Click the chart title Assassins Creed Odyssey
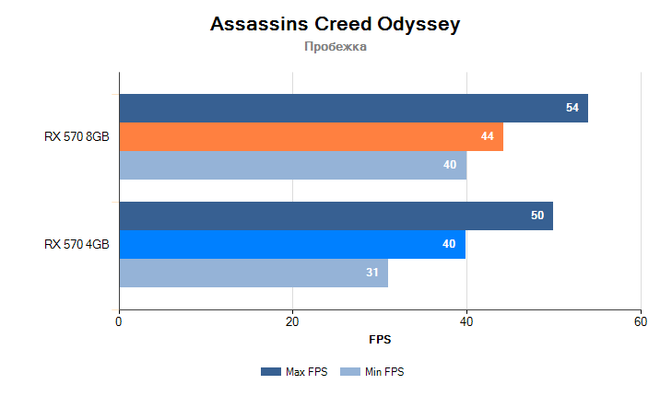[x=336, y=25]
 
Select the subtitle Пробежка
[x=336, y=47]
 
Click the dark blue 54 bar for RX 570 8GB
[x=353, y=109]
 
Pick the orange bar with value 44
[x=311, y=137]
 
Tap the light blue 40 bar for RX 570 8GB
[x=292, y=166]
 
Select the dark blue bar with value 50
[x=336, y=216]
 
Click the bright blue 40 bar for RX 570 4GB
[x=292, y=245]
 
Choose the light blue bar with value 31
[x=253, y=274]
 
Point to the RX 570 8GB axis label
[x=77, y=137]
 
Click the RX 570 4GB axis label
[x=77, y=245]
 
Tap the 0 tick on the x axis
[x=119, y=321]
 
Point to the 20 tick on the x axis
[x=292, y=321]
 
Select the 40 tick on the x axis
[x=466, y=321]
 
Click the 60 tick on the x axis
[x=641, y=321]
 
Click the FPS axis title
[x=380, y=340]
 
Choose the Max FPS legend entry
[x=296, y=372]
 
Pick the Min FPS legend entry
[x=373, y=372]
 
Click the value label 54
[x=572, y=109]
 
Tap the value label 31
[x=372, y=274]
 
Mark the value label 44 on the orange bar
[x=488, y=137]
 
